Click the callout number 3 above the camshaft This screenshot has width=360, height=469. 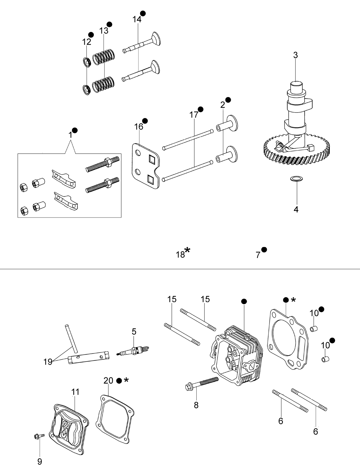[296, 55]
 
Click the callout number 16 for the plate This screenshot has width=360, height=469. [139, 127]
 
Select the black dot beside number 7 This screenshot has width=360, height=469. [264, 250]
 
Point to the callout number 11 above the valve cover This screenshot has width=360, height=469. [75, 392]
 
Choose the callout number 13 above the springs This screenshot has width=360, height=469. [103, 31]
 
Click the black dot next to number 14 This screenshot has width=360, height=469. [143, 13]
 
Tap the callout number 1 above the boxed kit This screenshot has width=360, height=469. [70, 135]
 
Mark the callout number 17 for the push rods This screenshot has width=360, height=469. [194, 115]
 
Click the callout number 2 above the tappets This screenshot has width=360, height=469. [223, 105]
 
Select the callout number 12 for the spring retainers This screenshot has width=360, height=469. [86, 42]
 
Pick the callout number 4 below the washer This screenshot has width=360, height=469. [296, 209]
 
